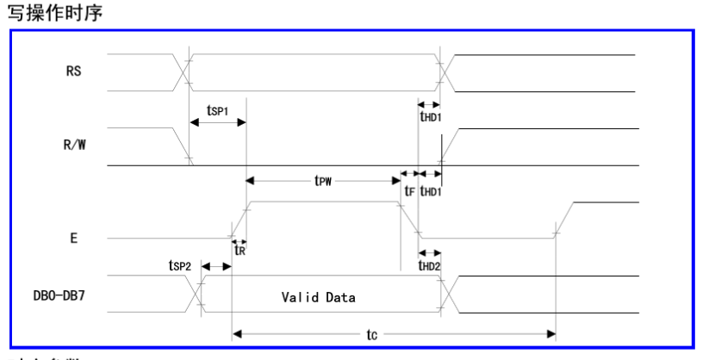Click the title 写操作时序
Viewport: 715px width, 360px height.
(x=46, y=13)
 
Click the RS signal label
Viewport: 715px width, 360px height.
(x=73, y=71)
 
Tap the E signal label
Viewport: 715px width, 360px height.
(x=74, y=238)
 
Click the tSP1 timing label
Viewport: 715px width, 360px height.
(x=219, y=111)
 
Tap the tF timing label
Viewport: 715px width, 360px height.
(x=409, y=192)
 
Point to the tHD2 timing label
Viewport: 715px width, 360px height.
(x=430, y=266)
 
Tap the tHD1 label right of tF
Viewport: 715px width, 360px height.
(x=430, y=192)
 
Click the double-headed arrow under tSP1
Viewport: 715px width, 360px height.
(x=218, y=123)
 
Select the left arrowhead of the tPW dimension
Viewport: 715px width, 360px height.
(x=251, y=181)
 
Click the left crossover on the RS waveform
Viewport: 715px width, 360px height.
(x=184, y=71)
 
